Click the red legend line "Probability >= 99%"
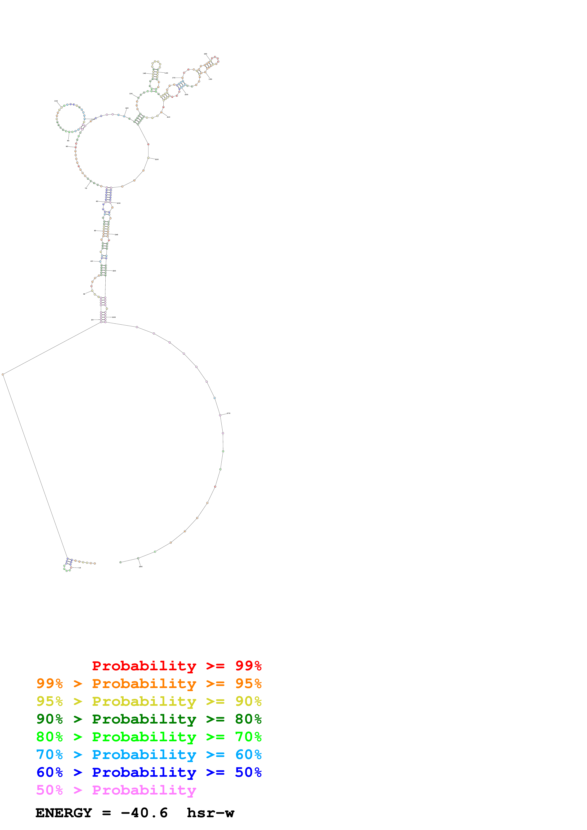click(x=176, y=666)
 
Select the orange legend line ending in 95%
click(x=149, y=684)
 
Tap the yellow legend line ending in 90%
click(x=149, y=701)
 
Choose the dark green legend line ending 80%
click(x=149, y=719)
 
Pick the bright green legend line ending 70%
click(x=149, y=737)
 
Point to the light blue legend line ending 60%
click(x=149, y=755)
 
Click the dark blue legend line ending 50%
click(x=149, y=772)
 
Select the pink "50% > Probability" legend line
click(x=116, y=790)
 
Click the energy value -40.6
click(x=144, y=813)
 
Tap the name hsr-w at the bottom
click(x=211, y=813)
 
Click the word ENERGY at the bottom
click(x=64, y=813)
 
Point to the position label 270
click(x=229, y=413)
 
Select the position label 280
click(x=141, y=566)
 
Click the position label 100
click(x=56, y=101)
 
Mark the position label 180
click(x=206, y=54)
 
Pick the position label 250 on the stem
click(x=114, y=271)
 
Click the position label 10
click(x=80, y=568)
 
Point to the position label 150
click(x=166, y=73)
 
